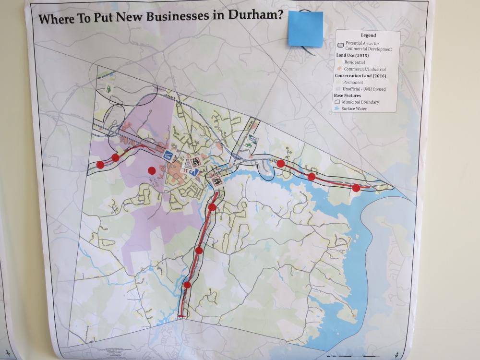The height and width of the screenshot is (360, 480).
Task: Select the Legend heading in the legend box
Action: click(368, 35)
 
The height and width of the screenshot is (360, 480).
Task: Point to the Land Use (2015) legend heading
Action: click(352, 56)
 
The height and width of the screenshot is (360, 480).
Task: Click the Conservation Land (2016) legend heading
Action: click(360, 75)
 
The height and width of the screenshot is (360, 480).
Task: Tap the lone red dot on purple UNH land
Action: click(152, 170)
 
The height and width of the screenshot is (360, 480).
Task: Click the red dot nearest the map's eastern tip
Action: click(356, 188)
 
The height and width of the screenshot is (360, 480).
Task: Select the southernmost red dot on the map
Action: click(187, 285)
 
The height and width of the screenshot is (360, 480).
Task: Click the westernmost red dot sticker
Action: click(100, 165)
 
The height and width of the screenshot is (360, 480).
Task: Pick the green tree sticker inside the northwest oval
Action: click(109, 88)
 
